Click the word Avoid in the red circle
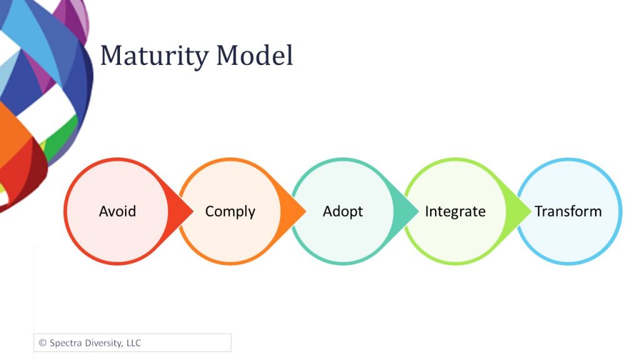click(117, 211)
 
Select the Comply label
click(230, 212)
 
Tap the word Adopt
click(343, 212)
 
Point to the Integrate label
click(455, 212)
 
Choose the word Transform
click(568, 211)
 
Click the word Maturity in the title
click(154, 56)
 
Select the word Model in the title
click(254, 56)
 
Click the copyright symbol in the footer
click(42, 343)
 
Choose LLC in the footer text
click(134, 343)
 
